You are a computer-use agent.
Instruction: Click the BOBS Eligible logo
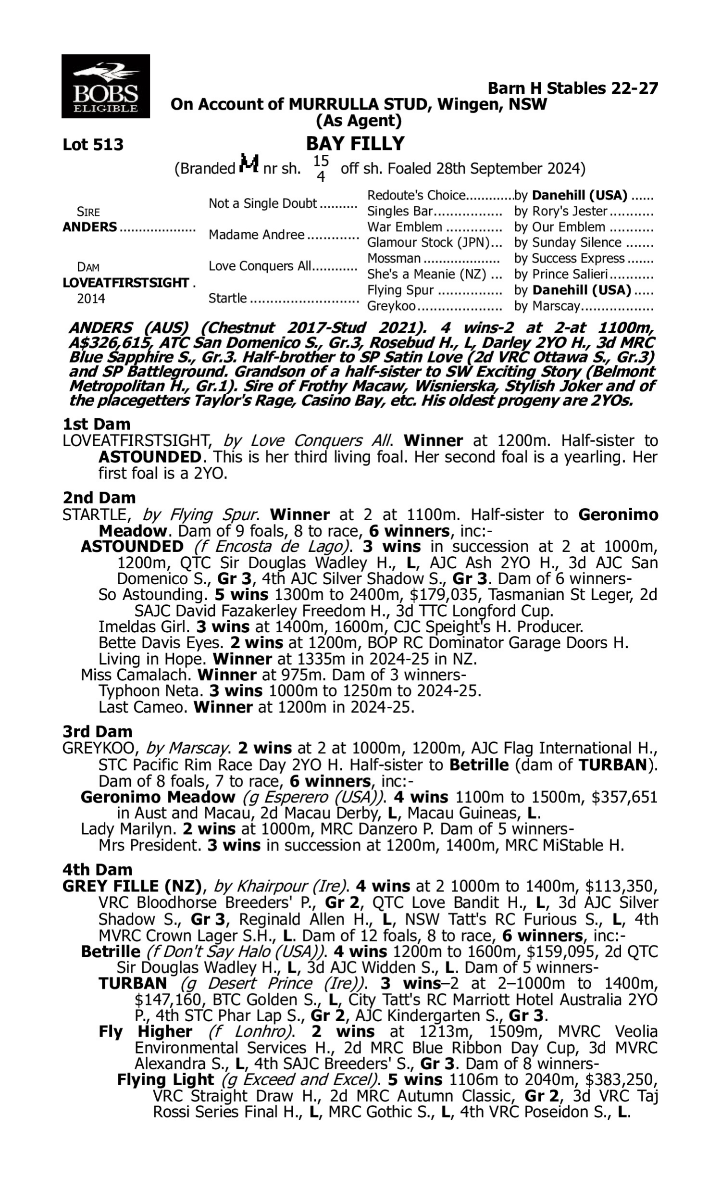click(x=105, y=87)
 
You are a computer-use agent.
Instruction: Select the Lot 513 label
click(x=93, y=145)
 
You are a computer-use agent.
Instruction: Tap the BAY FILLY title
click(x=355, y=144)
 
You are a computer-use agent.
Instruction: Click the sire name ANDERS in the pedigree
click(x=90, y=227)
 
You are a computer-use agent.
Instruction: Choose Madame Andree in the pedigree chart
click(x=257, y=235)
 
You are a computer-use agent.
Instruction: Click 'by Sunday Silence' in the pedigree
click(x=568, y=242)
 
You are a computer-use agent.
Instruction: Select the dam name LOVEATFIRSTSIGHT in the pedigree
click(x=125, y=283)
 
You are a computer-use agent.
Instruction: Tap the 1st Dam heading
click(x=96, y=424)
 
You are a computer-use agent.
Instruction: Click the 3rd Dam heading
click(x=98, y=732)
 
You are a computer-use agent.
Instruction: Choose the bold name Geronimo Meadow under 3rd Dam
click(x=158, y=797)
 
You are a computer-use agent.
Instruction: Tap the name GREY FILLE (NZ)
click(x=132, y=887)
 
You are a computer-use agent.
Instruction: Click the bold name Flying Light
click(x=165, y=1079)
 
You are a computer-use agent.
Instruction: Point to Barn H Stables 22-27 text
click(x=573, y=88)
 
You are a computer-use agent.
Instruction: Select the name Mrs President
click(x=149, y=845)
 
